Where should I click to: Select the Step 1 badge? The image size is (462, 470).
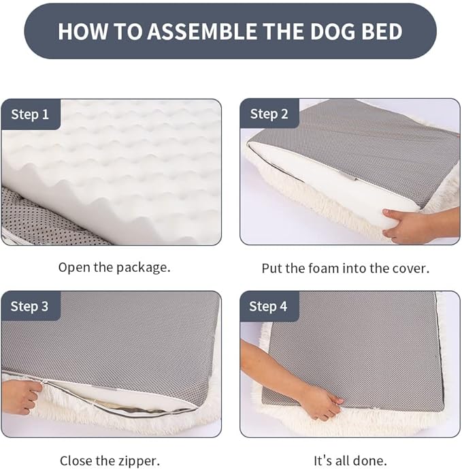coord(30,114)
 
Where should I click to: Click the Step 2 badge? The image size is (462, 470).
coord(269,114)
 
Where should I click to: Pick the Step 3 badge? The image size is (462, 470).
coord(30,307)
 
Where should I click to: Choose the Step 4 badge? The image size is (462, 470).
coord(269,307)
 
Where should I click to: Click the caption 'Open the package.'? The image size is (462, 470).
coord(114,267)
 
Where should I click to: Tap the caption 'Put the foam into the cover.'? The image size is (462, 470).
coord(346,268)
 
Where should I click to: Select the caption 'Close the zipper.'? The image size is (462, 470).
coord(110,460)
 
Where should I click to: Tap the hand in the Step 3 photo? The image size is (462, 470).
coord(18,396)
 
